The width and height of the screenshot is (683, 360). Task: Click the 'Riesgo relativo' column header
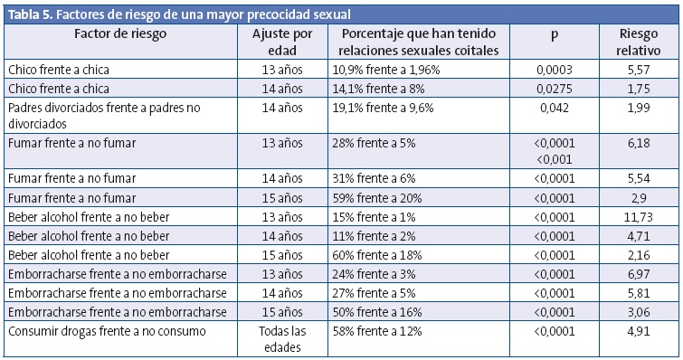[x=639, y=42]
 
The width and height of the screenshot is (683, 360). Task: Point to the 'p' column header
[x=554, y=33]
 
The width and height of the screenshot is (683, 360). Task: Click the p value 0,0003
[x=554, y=69]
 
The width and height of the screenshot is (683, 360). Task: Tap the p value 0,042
[x=554, y=107]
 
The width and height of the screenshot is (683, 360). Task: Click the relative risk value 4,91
[x=639, y=331]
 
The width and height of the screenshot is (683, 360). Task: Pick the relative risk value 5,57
[x=639, y=69]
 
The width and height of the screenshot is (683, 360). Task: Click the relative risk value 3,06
[x=639, y=313]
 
